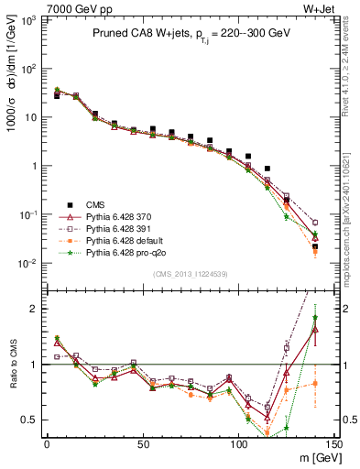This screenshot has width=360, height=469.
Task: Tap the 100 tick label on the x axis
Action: (x=239, y=443)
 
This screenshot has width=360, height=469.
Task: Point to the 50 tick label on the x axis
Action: (x=143, y=443)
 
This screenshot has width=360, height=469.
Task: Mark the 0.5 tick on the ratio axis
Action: (x=27, y=420)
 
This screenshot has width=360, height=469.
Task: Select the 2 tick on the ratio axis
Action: (x=32, y=309)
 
